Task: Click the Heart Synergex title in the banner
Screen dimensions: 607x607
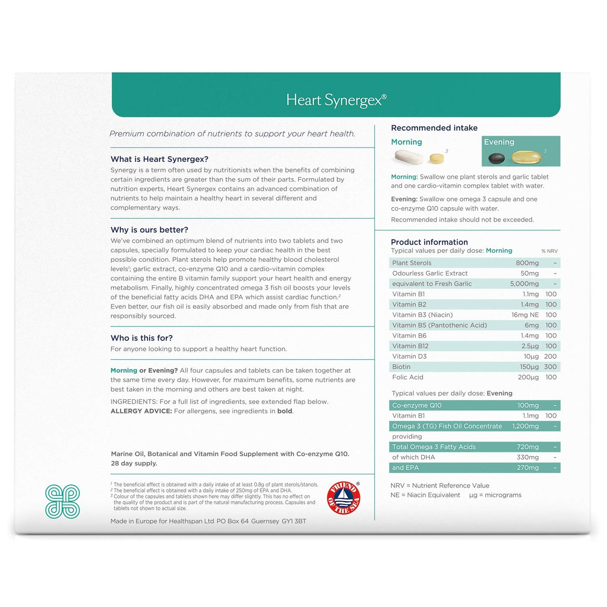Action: point(336,100)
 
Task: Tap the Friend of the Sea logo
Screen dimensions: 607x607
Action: point(344,498)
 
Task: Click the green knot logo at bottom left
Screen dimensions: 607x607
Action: point(63,501)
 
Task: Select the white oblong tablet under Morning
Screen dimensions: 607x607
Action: point(408,157)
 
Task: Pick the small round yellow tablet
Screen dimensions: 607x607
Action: point(436,158)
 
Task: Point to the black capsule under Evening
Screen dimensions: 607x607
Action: point(496,158)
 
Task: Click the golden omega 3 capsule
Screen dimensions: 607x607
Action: point(526,158)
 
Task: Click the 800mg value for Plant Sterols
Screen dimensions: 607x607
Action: point(527,263)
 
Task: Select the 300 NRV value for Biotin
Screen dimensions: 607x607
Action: point(550,367)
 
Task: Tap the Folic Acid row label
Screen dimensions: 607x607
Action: point(407,377)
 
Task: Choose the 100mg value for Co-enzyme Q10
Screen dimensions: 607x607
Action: point(528,405)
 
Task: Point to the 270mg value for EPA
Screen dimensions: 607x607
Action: point(528,468)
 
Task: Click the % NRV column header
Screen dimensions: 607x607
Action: point(549,251)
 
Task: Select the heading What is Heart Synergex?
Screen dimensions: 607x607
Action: point(159,159)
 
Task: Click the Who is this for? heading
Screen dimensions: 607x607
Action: point(142,338)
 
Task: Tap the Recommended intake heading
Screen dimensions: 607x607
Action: point(434,128)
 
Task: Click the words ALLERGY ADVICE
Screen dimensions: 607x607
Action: point(141,411)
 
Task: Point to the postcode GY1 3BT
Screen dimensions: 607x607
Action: point(294,521)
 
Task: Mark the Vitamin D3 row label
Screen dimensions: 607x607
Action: point(409,356)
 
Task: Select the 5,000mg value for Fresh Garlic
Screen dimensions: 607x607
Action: point(524,284)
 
